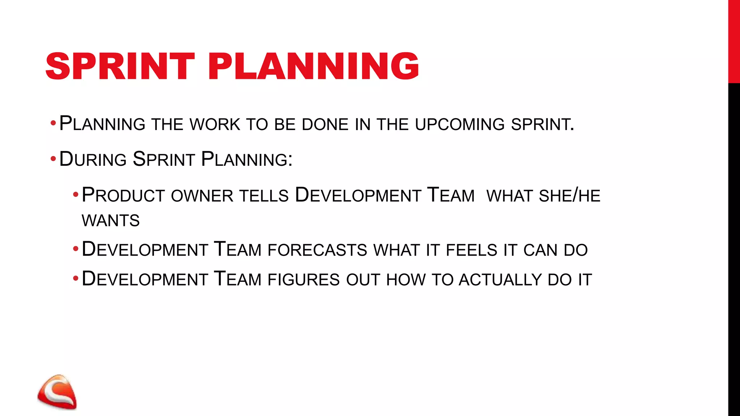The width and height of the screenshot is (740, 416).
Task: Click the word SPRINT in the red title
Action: point(120,66)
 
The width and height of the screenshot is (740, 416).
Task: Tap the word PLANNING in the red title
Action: point(313,66)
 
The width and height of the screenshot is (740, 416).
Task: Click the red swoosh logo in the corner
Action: point(57,392)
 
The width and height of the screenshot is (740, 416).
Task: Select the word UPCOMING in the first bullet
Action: point(460,125)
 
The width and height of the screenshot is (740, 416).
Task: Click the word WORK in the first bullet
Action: point(215,125)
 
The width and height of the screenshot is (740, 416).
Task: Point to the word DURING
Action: point(93,160)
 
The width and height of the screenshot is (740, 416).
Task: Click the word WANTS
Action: point(111,221)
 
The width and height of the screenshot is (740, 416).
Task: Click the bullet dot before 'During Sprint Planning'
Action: point(53,159)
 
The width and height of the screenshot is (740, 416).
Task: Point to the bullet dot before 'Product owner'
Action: point(76,195)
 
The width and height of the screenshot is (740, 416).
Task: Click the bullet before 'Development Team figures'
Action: point(76,279)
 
